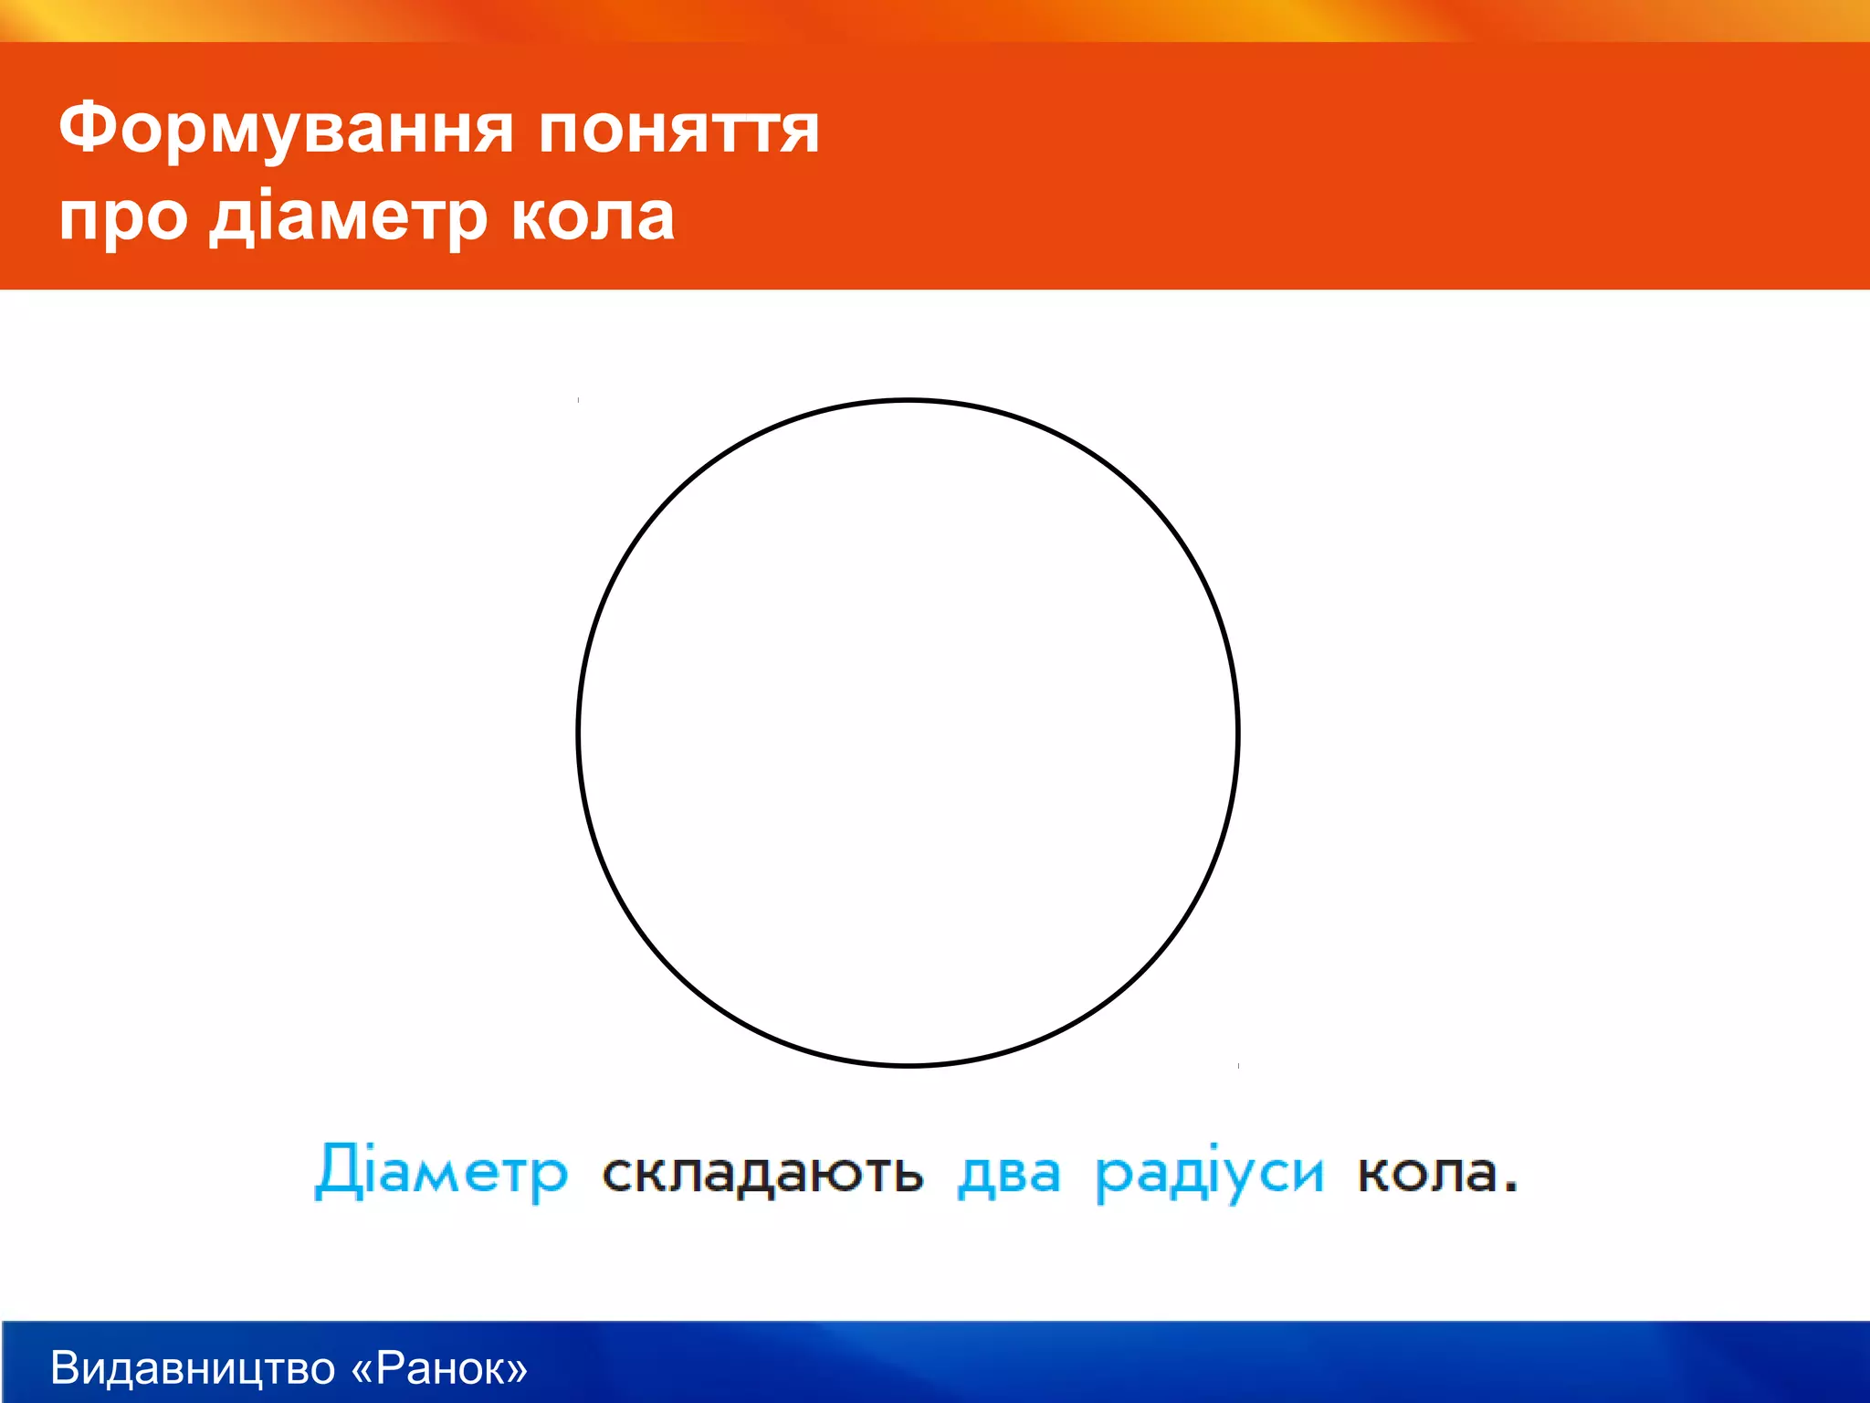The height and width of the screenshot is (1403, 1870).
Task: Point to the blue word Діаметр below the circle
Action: pos(441,1171)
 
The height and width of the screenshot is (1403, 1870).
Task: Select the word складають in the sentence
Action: pos(762,1173)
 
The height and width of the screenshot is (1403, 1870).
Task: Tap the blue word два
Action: pos(1009,1173)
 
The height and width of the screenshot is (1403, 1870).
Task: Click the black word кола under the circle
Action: pos(1428,1173)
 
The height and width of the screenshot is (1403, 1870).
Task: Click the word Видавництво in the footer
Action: pos(193,1368)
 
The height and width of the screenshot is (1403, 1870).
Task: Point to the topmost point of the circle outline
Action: pos(909,400)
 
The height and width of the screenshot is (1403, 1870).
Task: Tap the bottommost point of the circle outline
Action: pos(909,1065)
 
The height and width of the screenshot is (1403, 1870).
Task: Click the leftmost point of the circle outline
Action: pos(579,733)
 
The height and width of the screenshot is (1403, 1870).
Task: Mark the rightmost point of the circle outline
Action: pos(1237,733)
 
